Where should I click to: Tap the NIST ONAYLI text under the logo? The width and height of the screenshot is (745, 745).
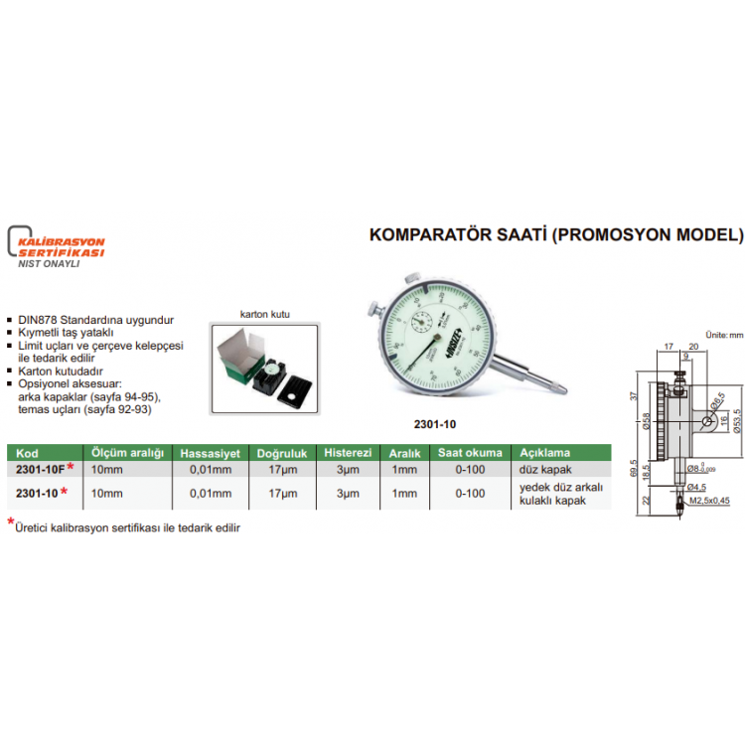click(x=49, y=264)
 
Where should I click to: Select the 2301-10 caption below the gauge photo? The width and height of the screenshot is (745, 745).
click(x=434, y=424)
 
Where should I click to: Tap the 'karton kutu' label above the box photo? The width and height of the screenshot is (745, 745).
click(x=263, y=313)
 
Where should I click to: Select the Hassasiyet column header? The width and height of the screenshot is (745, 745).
click(x=208, y=452)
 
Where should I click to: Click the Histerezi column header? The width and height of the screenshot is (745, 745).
click(x=347, y=452)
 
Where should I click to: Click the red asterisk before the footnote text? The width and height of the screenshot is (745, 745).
click(x=11, y=523)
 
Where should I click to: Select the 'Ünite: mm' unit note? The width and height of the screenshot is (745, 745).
click(x=723, y=336)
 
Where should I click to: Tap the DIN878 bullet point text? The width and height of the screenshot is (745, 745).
click(x=95, y=320)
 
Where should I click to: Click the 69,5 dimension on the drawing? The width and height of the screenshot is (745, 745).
click(x=633, y=468)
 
